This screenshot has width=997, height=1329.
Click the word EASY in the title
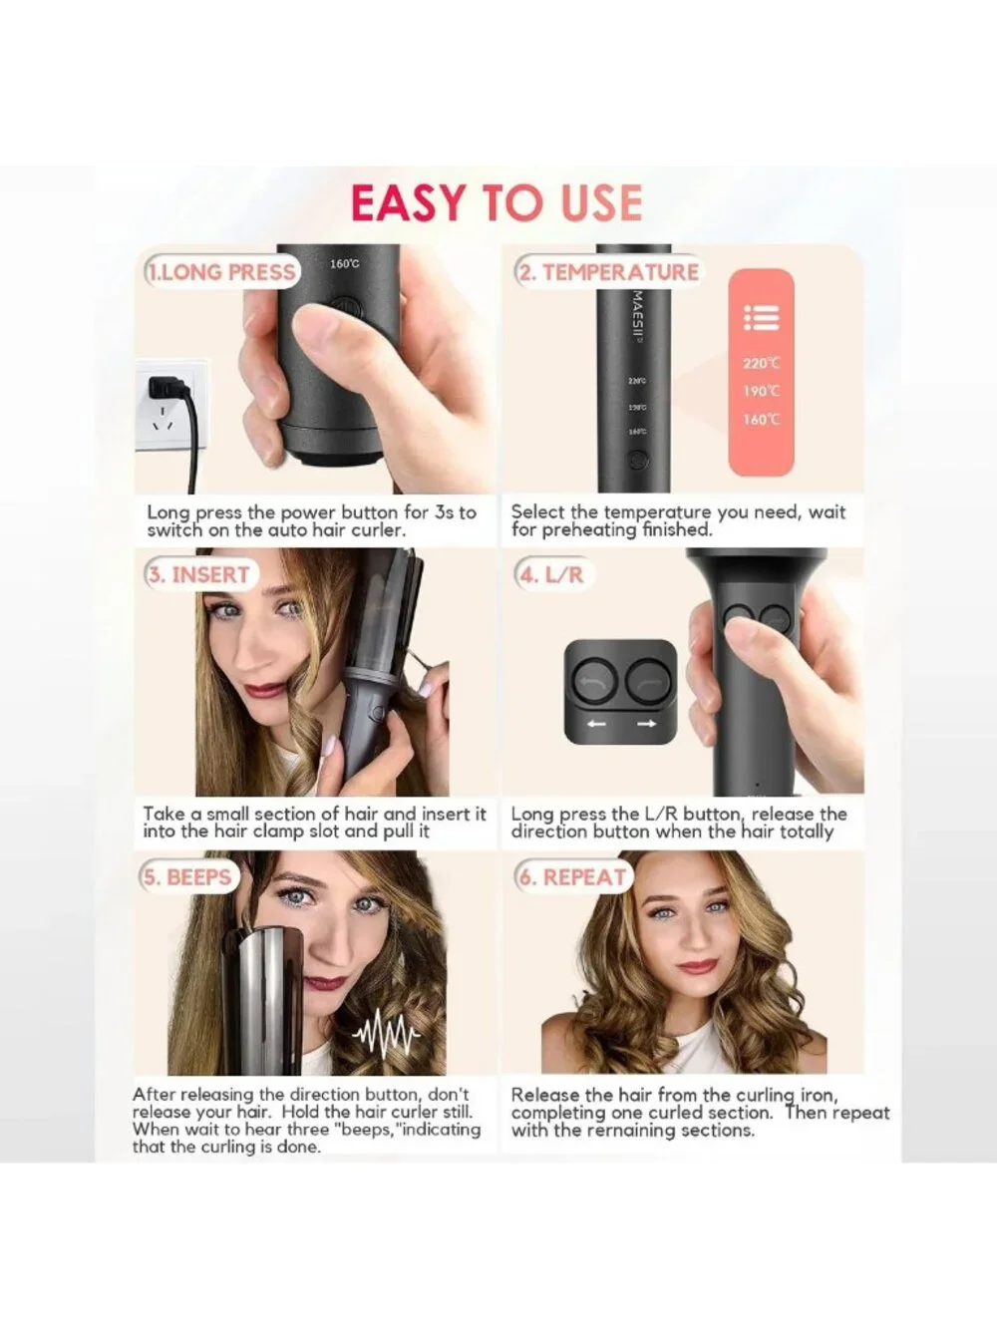409,202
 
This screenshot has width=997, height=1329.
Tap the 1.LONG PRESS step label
222,272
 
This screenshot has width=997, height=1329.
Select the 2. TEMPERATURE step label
608,272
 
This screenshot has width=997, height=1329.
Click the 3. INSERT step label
198,574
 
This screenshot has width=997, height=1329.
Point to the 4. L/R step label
551,574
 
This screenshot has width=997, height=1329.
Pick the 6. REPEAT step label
572,876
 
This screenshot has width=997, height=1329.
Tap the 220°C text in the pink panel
762,363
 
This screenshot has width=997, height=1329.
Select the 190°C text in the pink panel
762,391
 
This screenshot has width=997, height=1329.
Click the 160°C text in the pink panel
762,419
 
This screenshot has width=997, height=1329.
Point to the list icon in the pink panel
762,318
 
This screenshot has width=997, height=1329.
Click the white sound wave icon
386,1031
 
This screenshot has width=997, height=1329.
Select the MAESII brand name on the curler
639,315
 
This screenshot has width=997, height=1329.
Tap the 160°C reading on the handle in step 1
344,264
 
